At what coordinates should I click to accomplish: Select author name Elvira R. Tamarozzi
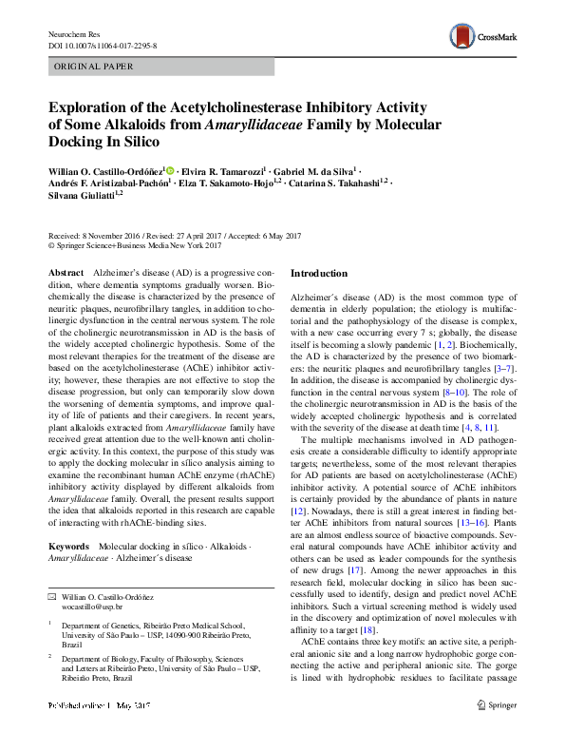pos(224,169)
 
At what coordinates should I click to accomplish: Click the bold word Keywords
pos(68,548)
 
